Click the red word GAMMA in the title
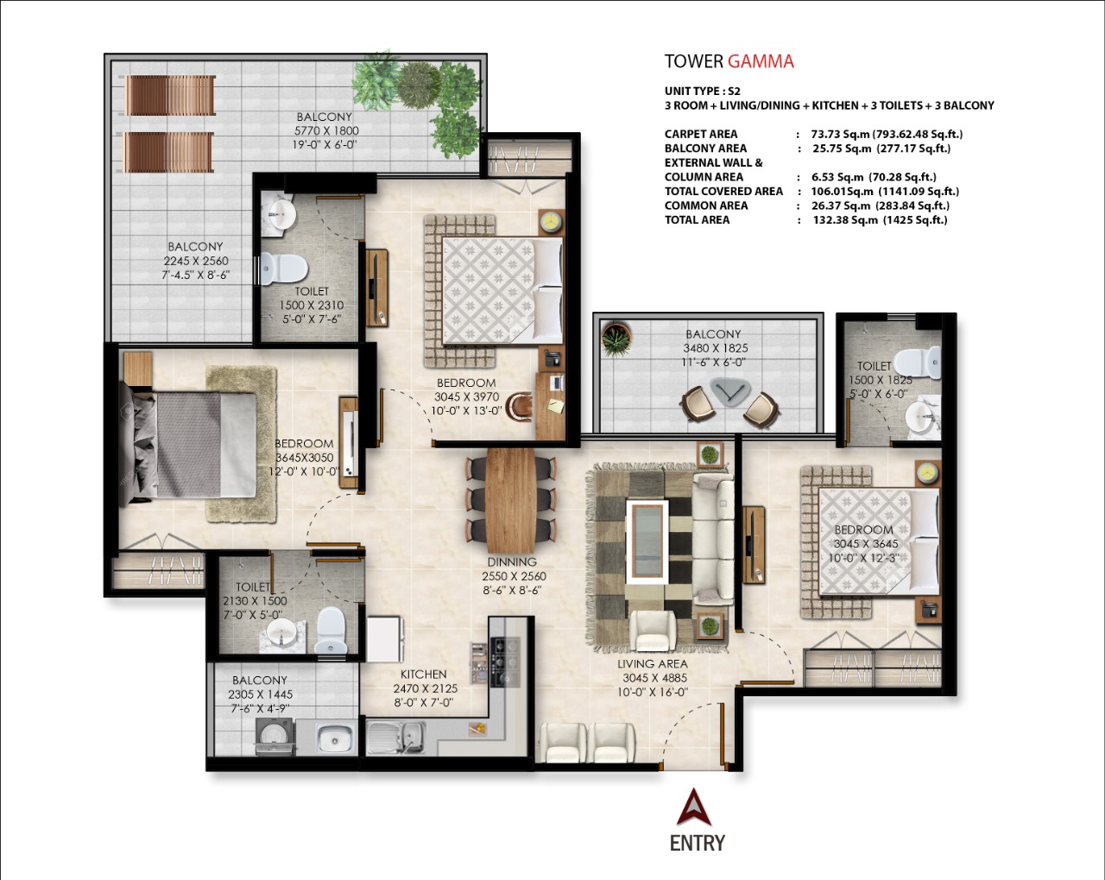point(761,61)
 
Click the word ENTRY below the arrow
point(698,844)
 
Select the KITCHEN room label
point(424,674)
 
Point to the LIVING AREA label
point(652,664)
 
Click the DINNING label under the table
point(512,562)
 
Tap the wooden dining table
point(511,500)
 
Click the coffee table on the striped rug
point(647,541)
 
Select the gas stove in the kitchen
point(505,662)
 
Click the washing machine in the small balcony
point(275,737)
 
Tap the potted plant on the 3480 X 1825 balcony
point(616,339)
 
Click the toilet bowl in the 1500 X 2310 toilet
point(283,269)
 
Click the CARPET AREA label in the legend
point(701,134)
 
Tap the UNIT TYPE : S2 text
point(703,92)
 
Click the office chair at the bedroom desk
point(520,407)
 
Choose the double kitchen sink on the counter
point(395,738)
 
